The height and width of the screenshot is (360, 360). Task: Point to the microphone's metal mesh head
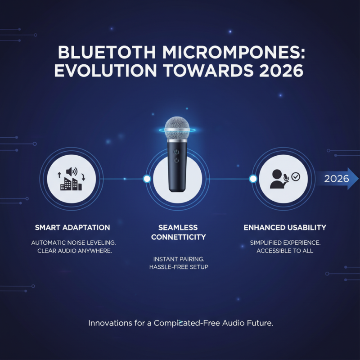coord(178,129)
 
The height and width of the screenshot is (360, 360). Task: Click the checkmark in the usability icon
coord(296,177)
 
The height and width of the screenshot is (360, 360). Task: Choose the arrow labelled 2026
coord(337,179)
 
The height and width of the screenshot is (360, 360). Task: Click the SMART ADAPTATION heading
coord(72,227)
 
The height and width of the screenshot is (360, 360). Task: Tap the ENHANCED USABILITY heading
coord(285,227)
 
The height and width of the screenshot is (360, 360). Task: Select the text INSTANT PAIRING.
coord(178,259)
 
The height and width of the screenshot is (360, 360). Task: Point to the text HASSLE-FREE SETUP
coord(178,267)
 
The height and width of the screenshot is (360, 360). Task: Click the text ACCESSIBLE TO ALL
coord(285,251)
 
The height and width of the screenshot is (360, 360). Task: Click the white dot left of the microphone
coord(146,179)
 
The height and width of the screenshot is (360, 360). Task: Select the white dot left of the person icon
coord(253,179)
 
